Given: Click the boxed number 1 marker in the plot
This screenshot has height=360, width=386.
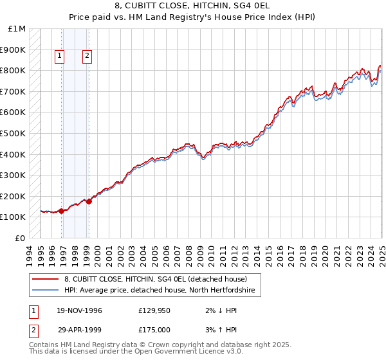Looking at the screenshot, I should coord(59,56).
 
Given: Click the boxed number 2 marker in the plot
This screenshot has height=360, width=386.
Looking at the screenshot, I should coord(87,56).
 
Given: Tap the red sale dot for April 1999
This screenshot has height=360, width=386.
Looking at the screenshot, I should coord(89,201).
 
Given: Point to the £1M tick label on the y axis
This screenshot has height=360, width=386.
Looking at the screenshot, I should coord(17,29).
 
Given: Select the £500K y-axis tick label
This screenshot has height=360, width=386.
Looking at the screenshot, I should coord(14,133).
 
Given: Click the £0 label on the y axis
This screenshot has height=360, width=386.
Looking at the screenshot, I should coord(21,238).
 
